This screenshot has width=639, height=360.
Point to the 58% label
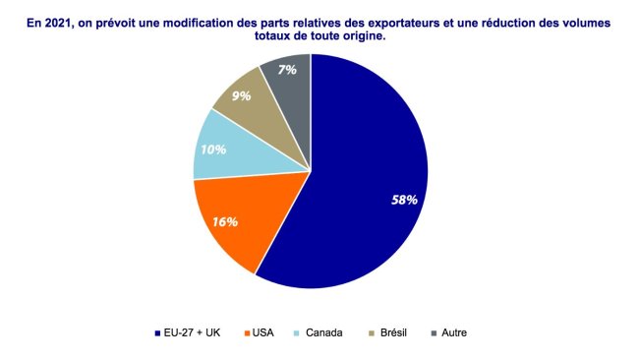404,200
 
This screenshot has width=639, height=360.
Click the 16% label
225,221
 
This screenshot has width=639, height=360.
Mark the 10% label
213,150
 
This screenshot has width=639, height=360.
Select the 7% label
287,70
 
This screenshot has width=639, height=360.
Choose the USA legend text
263,333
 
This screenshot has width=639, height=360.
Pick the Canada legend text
324,333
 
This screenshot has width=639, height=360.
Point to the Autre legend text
453,333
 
